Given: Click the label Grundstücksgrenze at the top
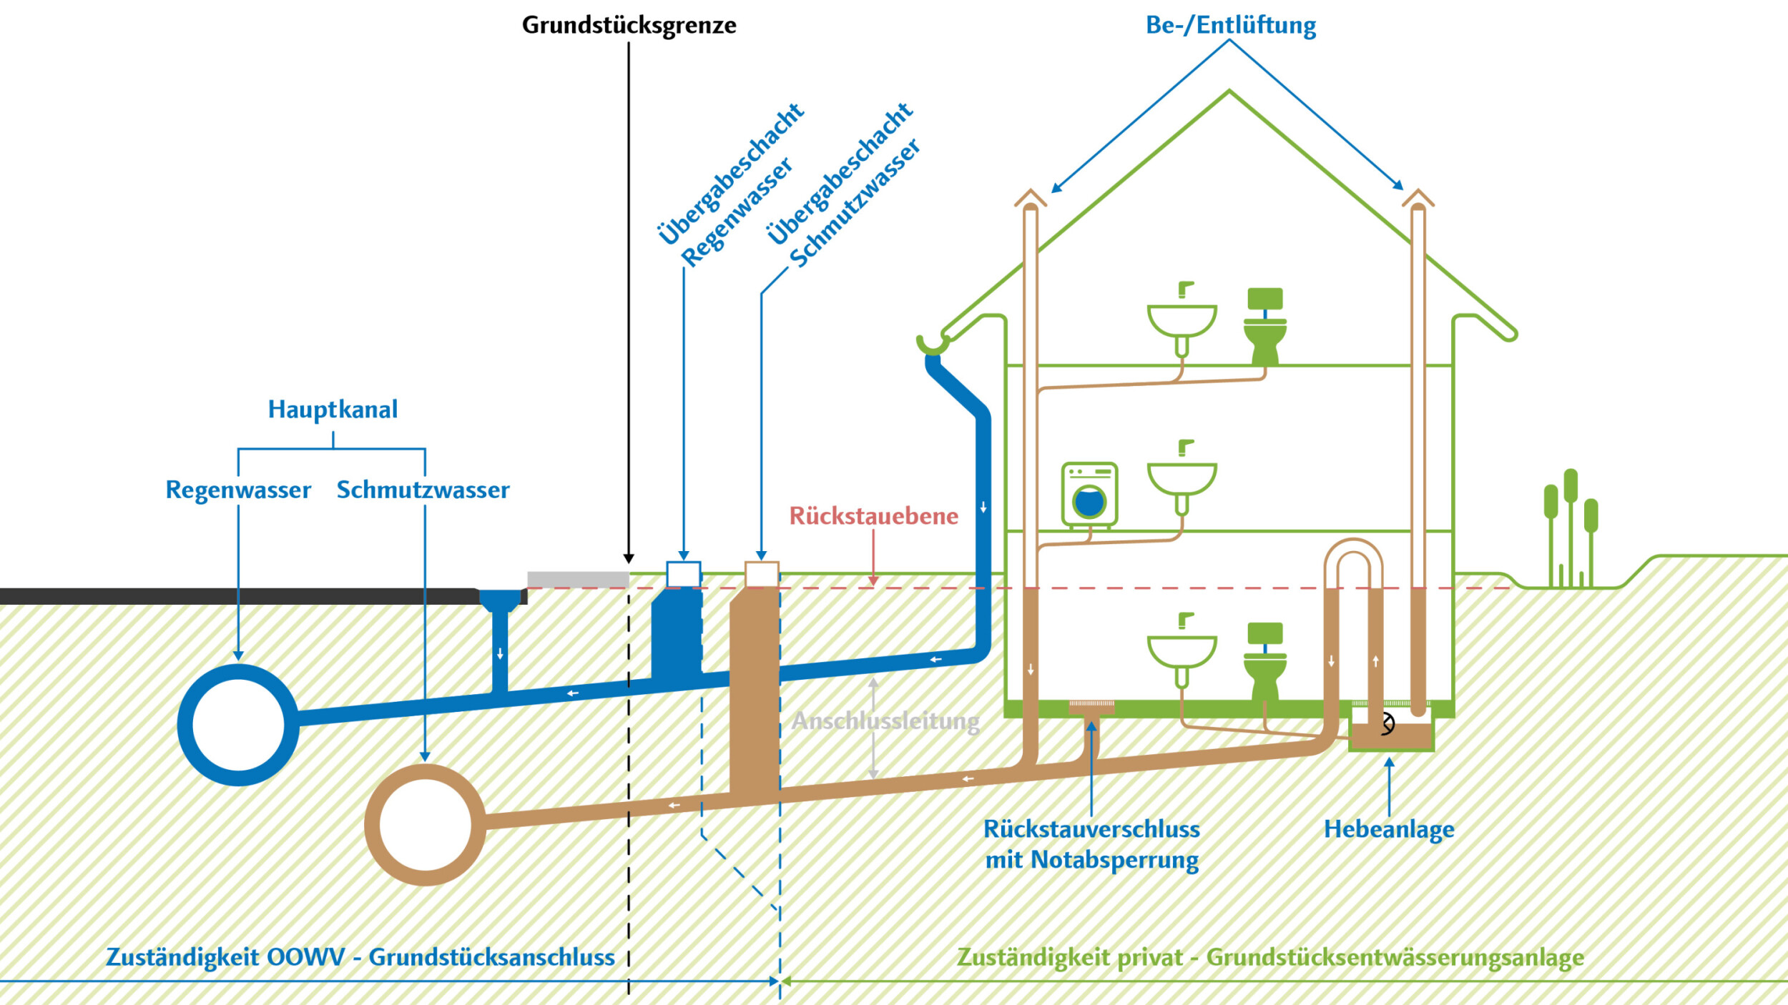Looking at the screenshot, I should tap(629, 25).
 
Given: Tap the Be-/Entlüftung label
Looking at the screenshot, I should tap(1230, 25).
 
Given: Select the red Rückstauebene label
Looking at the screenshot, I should tap(873, 515).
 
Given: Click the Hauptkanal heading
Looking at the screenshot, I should tap(333, 409).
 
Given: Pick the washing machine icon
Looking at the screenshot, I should tap(1089, 495).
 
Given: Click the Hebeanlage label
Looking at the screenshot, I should tap(1388, 829).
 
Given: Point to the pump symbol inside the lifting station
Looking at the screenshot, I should tap(1387, 723).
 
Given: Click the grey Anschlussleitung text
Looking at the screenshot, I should tap(885, 721).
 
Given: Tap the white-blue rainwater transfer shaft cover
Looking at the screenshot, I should tap(683, 574).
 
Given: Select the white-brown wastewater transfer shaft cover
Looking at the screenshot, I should tap(761, 574).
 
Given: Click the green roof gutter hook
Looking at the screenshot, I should tap(932, 345).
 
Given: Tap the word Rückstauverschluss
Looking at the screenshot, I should tap(1091, 829).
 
